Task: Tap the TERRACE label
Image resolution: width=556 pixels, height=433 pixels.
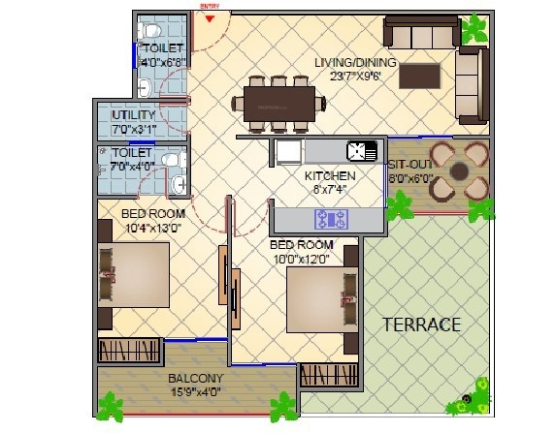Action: (x=420, y=324)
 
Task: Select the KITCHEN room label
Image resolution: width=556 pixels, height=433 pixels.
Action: (x=330, y=176)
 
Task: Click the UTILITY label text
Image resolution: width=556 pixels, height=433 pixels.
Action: (x=133, y=115)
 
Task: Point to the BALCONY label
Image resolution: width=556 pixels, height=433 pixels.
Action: (x=196, y=378)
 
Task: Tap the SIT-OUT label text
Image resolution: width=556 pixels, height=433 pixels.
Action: (x=410, y=165)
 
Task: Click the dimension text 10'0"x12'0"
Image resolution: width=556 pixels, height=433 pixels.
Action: (x=302, y=259)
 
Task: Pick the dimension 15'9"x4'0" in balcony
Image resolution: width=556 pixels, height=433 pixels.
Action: (x=197, y=392)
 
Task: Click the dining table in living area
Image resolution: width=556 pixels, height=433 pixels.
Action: (x=278, y=102)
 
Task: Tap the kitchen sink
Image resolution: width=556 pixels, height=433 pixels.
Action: (x=361, y=151)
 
